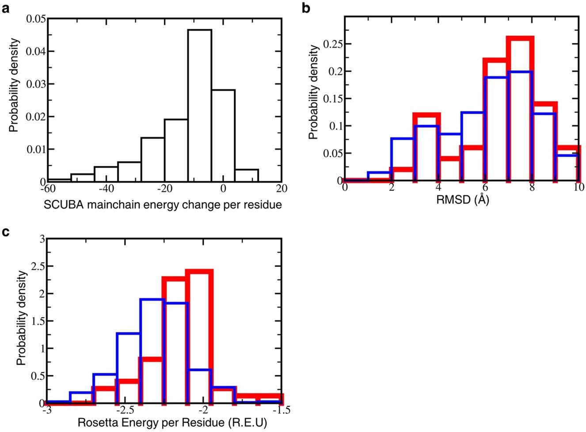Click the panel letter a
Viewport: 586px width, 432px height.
click(x=6, y=8)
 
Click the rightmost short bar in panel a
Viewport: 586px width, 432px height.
click(x=247, y=175)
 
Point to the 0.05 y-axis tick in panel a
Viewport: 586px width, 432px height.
click(x=35, y=19)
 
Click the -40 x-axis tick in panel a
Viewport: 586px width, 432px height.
click(x=106, y=189)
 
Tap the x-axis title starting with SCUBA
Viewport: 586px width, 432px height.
click(x=163, y=204)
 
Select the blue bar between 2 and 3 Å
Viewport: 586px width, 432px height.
click(x=402, y=159)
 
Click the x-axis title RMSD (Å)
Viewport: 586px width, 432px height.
click(x=462, y=200)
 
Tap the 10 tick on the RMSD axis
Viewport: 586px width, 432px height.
click(x=578, y=187)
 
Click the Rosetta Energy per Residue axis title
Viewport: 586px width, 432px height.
click(x=172, y=423)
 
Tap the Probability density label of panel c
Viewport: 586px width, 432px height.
click(x=21, y=318)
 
